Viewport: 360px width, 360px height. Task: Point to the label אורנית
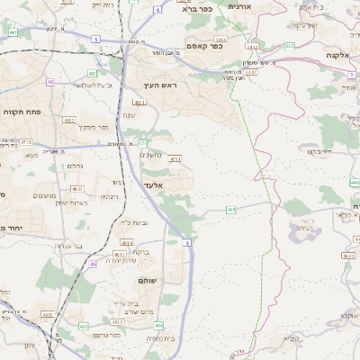coord(245,6)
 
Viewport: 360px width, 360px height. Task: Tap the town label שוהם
coord(147,282)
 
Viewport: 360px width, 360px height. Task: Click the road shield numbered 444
coord(355,183)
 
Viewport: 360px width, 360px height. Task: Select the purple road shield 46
coord(94,265)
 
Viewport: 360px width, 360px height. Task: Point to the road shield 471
coord(142,143)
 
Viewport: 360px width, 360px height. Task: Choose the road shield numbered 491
coord(13,32)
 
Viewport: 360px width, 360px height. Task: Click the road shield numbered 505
coord(290,45)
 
